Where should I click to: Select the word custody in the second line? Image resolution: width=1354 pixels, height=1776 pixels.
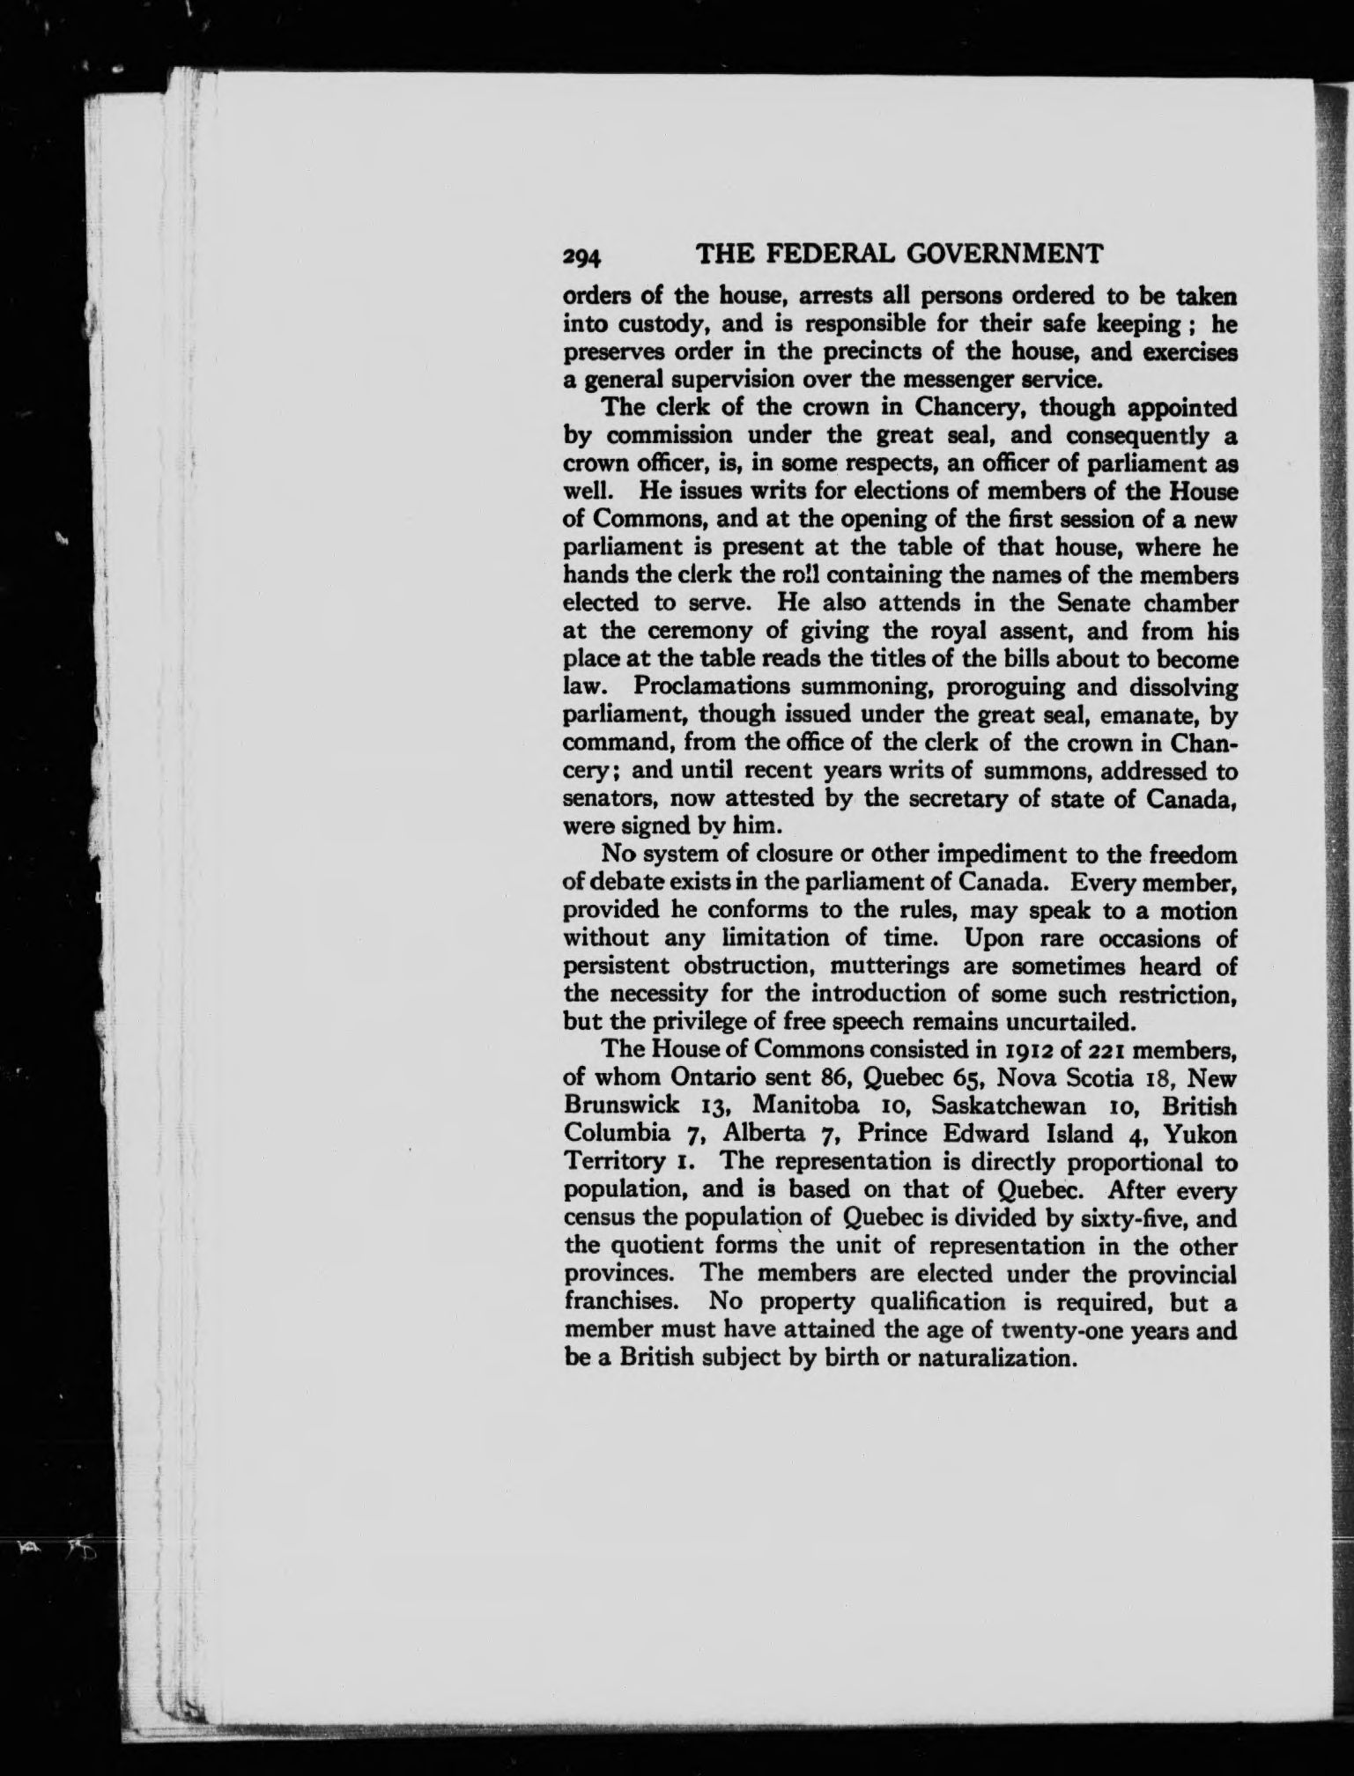[x=655, y=324]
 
